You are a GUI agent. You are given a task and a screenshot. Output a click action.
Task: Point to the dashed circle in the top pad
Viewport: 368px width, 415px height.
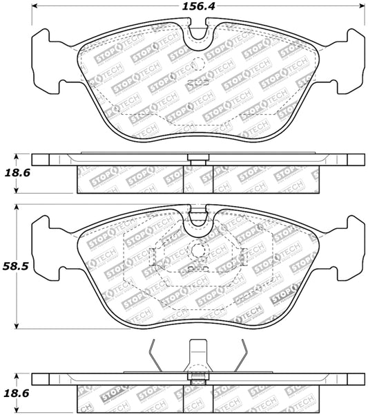click(198, 64)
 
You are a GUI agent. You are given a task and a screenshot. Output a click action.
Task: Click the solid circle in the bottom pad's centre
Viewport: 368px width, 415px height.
click(198, 252)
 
